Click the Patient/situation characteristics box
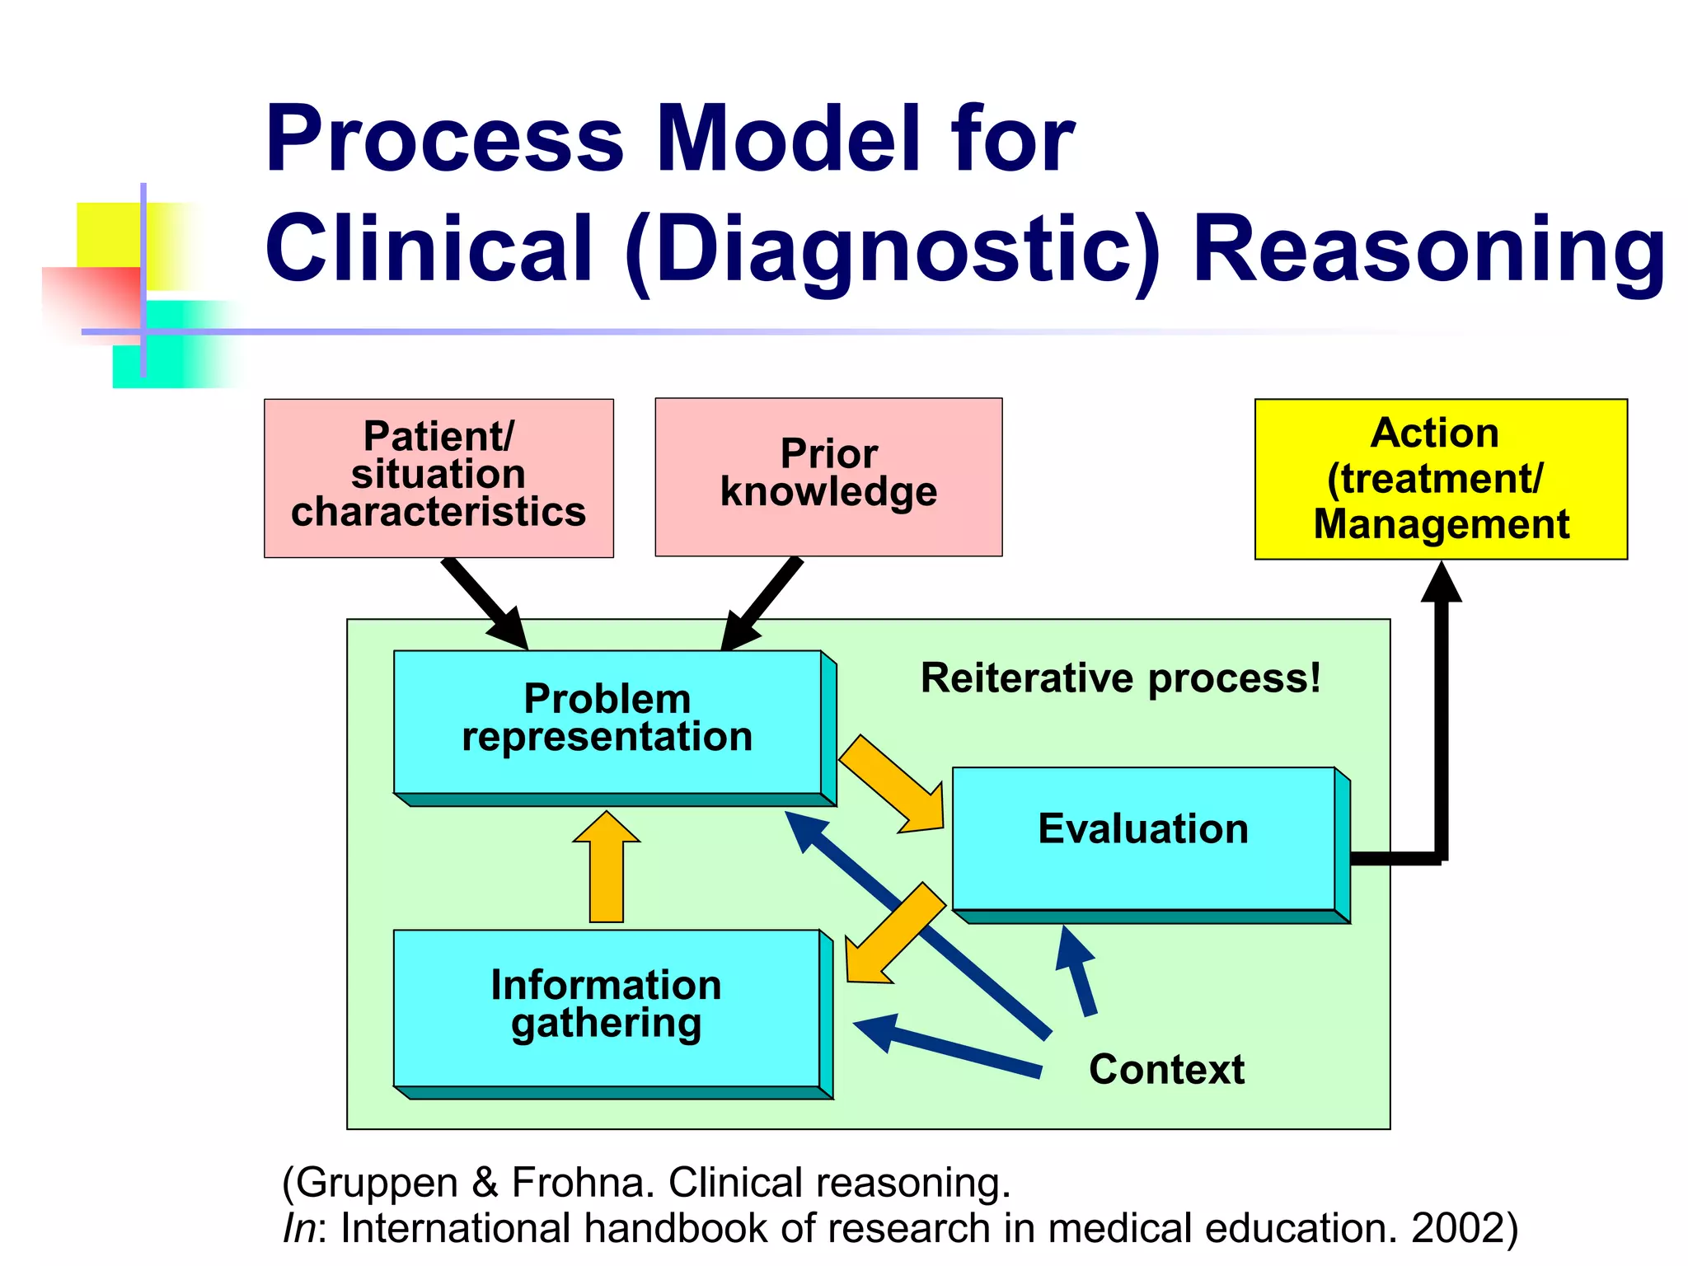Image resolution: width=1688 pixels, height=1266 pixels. pos(438,478)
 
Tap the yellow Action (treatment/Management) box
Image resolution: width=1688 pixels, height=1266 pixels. pos(1441,479)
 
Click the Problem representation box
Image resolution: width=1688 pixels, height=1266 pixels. pos(607,721)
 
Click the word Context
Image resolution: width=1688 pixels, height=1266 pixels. pos(1166,1069)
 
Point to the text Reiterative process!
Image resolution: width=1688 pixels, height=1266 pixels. pos(1121,678)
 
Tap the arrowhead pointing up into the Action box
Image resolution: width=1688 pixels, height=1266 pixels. pos(1442,584)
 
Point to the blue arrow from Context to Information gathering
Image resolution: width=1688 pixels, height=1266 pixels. pos(948,1047)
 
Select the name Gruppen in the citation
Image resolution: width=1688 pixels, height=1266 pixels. pos(376,1183)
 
